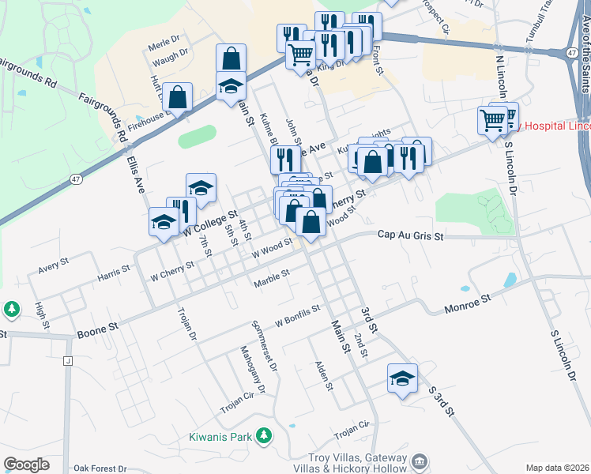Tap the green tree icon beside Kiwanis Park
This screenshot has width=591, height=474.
[x=266, y=435]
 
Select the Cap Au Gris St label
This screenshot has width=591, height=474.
[x=411, y=235]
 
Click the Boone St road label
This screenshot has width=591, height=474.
[x=98, y=330]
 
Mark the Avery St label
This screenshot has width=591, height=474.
[x=54, y=263]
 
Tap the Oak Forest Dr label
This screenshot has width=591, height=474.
[x=100, y=468]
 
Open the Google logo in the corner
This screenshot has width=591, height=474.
[x=26, y=465]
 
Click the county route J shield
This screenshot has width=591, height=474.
[x=68, y=361]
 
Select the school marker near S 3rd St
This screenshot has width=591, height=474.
[x=402, y=378]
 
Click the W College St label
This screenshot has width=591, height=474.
[x=210, y=224]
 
